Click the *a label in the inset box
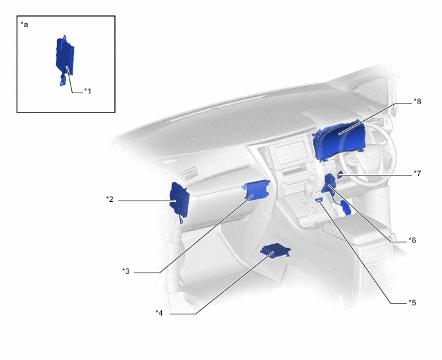pos(24,24)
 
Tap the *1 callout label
pos(87,91)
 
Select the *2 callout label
pos(110,199)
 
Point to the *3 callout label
pos(126,271)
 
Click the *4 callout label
pos(159,312)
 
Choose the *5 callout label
pos(412,302)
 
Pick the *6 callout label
pos(412,240)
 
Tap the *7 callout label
pos(417,173)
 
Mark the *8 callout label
pos(417,102)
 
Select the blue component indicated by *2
pos(179,201)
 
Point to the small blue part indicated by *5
pos(319,200)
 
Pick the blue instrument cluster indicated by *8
pos(339,139)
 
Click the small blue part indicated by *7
pos(340,175)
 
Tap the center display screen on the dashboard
pos(291,152)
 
